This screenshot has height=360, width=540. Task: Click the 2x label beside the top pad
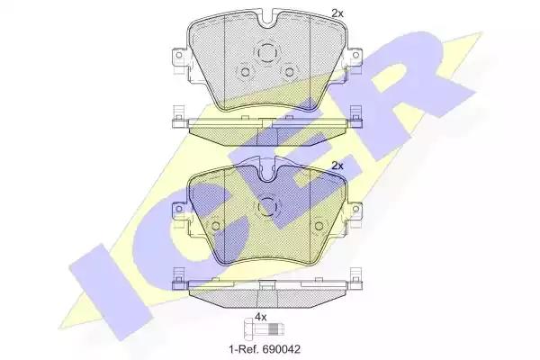[337, 13]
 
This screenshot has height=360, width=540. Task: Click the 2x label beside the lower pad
[337, 166]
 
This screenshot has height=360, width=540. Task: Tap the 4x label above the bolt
[261, 317]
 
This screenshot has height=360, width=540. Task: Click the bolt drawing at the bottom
[264, 330]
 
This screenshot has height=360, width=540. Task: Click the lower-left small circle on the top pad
[245, 72]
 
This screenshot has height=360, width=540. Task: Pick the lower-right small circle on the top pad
[289, 72]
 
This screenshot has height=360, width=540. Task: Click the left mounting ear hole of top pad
[178, 55]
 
